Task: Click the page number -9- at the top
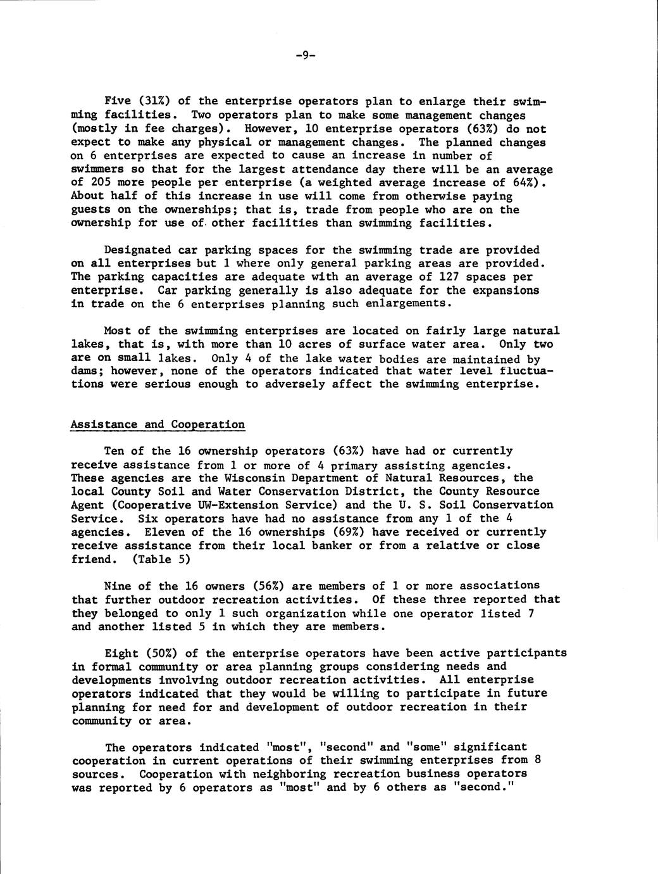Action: point(304,55)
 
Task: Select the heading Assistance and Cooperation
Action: point(158,424)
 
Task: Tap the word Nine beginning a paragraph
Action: point(118,586)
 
